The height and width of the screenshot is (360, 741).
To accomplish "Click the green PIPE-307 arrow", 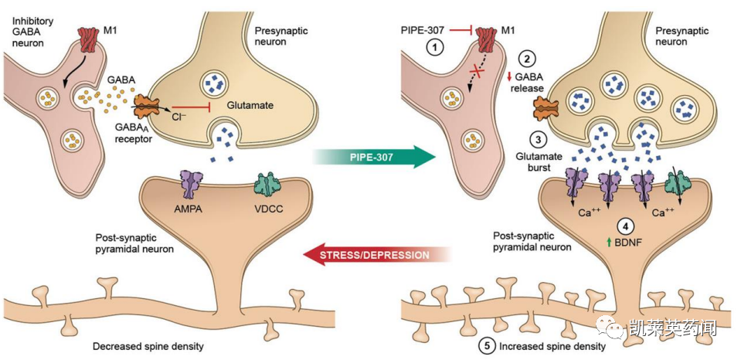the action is [373, 157].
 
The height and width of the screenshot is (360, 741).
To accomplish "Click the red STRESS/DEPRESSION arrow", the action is [376, 255].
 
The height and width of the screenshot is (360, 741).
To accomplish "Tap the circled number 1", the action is [435, 47].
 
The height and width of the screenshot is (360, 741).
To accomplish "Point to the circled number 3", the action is [538, 140].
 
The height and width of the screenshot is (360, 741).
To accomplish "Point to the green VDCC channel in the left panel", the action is [267, 185].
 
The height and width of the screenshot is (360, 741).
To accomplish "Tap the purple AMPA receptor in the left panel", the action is [192, 185].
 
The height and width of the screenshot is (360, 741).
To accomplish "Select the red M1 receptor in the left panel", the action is [88, 39].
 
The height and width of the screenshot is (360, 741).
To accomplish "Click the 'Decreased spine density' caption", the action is [148, 346].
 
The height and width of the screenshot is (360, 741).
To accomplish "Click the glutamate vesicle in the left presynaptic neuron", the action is [216, 84].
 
